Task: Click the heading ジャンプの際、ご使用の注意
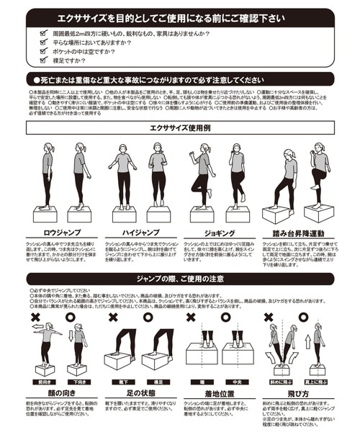tap(179, 277)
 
